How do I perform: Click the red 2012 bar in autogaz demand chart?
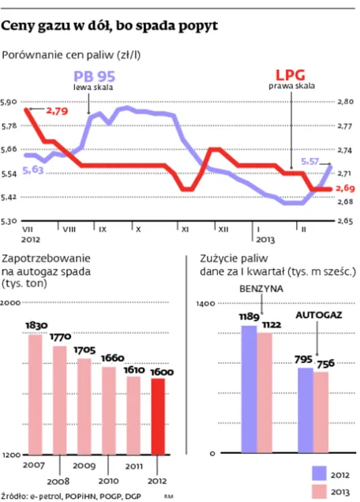click(158, 416)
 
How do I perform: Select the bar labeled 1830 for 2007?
click(36, 395)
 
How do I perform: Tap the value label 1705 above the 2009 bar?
click(84, 350)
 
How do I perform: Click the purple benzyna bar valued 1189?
click(249, 389)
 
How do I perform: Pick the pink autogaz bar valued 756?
click(321, 412)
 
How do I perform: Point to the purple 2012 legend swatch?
click(319, 473)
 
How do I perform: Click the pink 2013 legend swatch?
click(319, 492)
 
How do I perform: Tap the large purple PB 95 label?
click(94, 77)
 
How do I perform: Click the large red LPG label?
click(291, 75)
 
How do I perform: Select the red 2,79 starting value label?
click(57, 111)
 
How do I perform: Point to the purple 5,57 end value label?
click(310, 161)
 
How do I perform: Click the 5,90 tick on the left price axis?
click(9, 102)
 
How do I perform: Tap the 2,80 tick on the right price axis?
click(346, 102)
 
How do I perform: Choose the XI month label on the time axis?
click(185, 230)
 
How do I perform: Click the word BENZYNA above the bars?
click(261, 289)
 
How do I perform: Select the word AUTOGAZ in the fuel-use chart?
click(319, 315)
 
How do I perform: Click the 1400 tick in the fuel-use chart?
click(205, 303)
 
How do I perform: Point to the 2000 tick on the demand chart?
click(10, 302)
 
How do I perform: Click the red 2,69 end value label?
click(345, 188)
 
